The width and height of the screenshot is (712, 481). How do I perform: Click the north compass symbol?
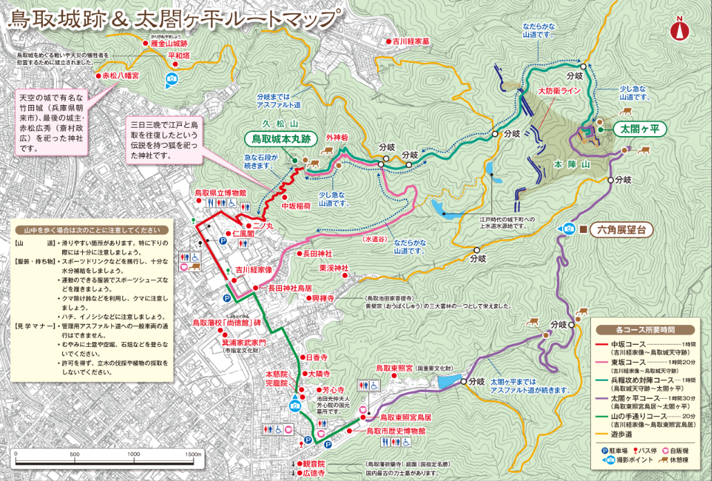[x=680, y=29]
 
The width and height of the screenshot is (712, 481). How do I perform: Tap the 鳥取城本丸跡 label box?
[x=280, y=139]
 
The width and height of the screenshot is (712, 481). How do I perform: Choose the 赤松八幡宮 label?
[x=121, y=75]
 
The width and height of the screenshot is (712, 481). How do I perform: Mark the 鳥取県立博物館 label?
[x=220, y=193]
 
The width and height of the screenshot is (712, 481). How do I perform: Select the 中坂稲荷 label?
[x=297, y=206]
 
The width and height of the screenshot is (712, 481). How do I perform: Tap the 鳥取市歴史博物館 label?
[x=395, y=431]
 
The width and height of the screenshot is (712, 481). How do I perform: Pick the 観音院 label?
[x=312, y=464]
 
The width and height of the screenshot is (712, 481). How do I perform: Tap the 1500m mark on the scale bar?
[x=193, y=454]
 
